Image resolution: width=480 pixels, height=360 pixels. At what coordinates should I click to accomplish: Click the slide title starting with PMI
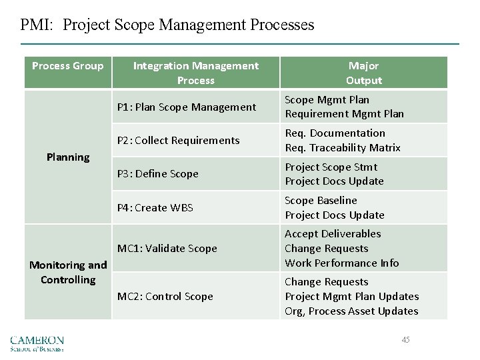[x=167, y=25]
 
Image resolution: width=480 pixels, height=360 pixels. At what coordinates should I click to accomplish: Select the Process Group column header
[x=68, y=65]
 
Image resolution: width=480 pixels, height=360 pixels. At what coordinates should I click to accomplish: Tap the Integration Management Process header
[x=195, y=73]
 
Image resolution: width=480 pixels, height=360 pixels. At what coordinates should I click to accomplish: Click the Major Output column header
[x=363, y=73]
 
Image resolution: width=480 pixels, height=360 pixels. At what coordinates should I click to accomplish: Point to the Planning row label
[x=68, y=157]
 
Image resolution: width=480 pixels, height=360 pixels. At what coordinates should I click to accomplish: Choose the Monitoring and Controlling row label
[x=68, y=272]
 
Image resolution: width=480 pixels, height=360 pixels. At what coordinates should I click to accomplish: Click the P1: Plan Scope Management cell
[x=187, y=107]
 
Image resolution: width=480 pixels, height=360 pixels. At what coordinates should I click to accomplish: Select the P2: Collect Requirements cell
[x=178, y=140]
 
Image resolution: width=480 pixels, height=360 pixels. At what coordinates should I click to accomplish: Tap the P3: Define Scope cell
[x=158, y=173]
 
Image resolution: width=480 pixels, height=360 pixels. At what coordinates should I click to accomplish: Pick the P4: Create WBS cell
[x=155, y=207]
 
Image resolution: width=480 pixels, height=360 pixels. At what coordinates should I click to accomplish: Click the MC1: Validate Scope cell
[x=167, y=248]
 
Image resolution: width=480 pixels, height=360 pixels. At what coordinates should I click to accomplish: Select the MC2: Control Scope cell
[x=165, y=296]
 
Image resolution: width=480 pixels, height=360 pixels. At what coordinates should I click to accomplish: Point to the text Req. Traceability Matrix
[x=343, y=147]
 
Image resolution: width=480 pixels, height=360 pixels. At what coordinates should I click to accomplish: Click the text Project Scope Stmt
[x=331, y=167]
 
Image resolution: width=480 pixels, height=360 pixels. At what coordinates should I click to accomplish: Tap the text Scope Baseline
[x=321, y=200]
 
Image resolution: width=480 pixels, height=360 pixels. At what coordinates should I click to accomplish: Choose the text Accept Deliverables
[x=333, y=233]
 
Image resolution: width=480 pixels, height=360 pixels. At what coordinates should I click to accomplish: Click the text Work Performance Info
[x=342, y=263]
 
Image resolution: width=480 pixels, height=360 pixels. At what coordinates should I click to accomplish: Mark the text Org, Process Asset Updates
[x=352, y=311]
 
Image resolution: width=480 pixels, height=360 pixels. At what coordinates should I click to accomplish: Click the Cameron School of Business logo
[x=37, y=343]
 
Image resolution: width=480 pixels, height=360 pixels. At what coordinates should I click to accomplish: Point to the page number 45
[x=406, y=340]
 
